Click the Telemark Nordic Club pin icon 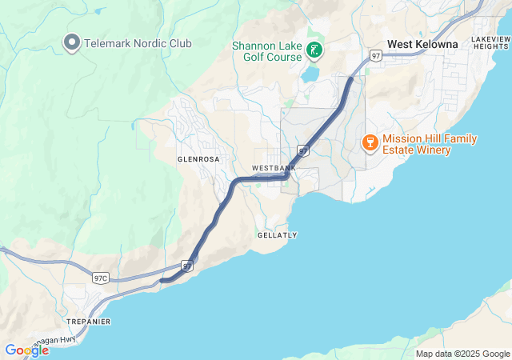click(71, 42)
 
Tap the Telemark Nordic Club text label click(138, 42)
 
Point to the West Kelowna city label click(422, 45)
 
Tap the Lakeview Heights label click(490, 42)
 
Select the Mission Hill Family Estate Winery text click(430, 144)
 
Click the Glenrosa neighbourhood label click(198, 159)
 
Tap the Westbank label click(274, 168)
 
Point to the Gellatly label click(278, 235)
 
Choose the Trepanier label click(88, 322)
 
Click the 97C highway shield click(100, 278)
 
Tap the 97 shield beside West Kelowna click(376, 55)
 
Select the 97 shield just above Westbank click(302, 150)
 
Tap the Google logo click(26, 350)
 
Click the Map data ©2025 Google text click(462, 354)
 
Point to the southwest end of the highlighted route click(162, 280)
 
